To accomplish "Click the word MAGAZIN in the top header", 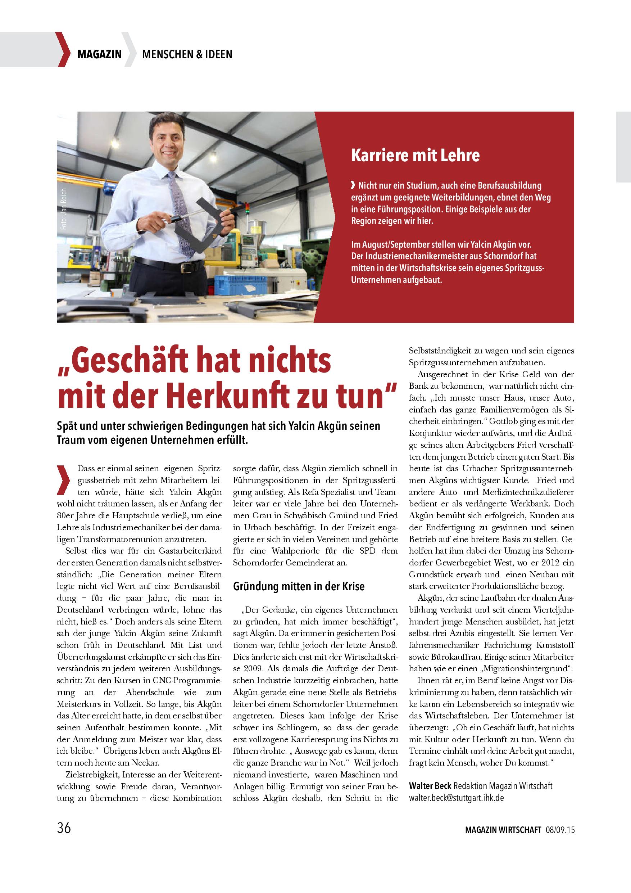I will (99, 54).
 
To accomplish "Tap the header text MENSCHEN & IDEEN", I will (187, 54).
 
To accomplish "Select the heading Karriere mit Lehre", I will (415, 155).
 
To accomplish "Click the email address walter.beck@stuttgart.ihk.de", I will (457, 797).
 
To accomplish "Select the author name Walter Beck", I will (430, 786).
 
